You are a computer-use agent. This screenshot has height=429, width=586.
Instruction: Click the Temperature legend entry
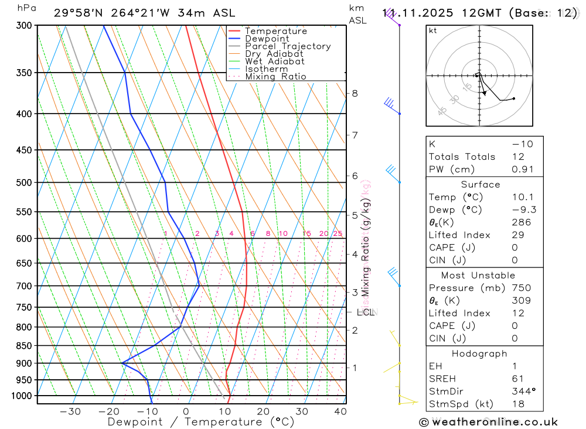(275, 31)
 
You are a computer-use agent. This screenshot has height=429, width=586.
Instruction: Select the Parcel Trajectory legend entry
(288, 46)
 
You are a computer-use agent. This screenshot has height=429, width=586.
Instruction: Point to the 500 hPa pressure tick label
(24, 183)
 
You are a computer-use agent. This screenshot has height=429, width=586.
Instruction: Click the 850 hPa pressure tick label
(24, 346)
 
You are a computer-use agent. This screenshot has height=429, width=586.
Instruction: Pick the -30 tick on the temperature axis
(70, 411)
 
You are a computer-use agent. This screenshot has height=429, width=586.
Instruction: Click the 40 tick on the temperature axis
(340, 411)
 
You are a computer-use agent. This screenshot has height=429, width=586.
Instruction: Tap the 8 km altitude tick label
(355, 93)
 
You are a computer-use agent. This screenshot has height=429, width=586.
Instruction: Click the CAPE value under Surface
(514, 248)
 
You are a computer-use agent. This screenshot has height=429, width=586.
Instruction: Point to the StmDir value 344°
(520, 391)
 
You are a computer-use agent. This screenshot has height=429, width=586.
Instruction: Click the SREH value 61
(517, 379)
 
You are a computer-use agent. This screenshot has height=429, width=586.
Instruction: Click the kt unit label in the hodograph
(432, 30)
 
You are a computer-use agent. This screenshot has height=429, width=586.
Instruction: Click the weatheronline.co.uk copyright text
(489, 421)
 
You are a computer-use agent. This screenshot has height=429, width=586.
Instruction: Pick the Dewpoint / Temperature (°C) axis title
(201, 421)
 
